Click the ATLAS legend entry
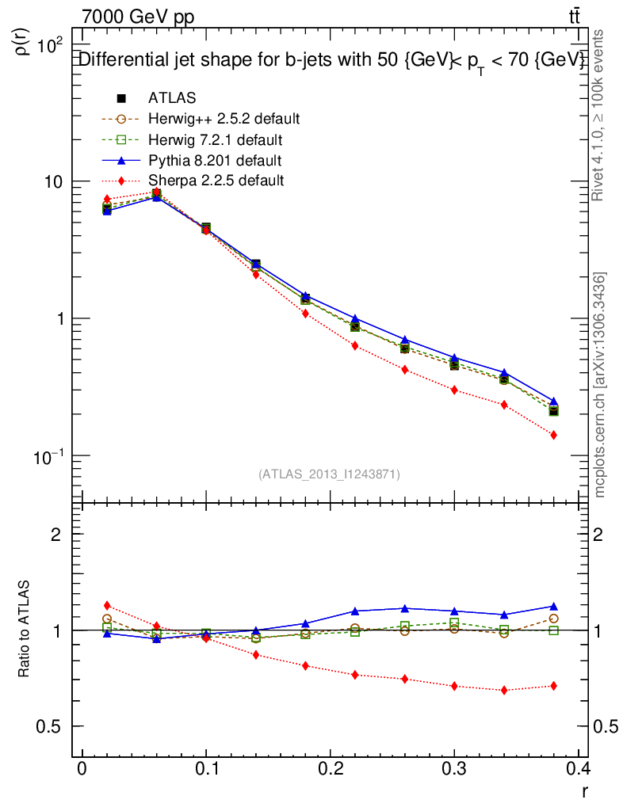click(171, 98)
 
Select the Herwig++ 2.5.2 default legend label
click(224, 119)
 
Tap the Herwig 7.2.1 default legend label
click(215, 139)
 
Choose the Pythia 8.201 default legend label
click(215, 160)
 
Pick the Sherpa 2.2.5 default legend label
click(215, 181)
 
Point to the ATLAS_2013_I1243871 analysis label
click(329, 474)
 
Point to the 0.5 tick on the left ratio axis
click(49, 727)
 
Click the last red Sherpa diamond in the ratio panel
click(553, 686)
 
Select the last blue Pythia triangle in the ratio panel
click(553, 607)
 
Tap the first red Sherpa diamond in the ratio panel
click(107, 606)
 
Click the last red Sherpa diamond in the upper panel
click(553, 435)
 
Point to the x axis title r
click(584, 790)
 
